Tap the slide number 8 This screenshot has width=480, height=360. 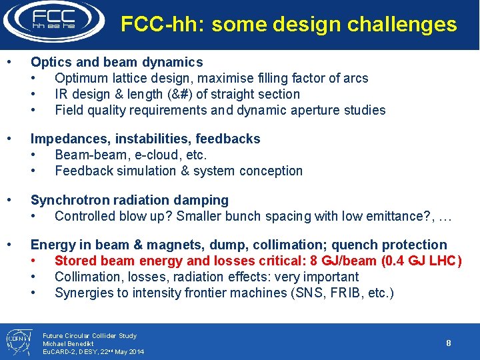[x=449, y=343]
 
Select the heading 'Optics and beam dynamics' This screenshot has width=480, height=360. [x=117, y=62]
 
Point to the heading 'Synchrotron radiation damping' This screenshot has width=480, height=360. [x=129, y=200]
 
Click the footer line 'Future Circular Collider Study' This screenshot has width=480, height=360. [x=89, y=335]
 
